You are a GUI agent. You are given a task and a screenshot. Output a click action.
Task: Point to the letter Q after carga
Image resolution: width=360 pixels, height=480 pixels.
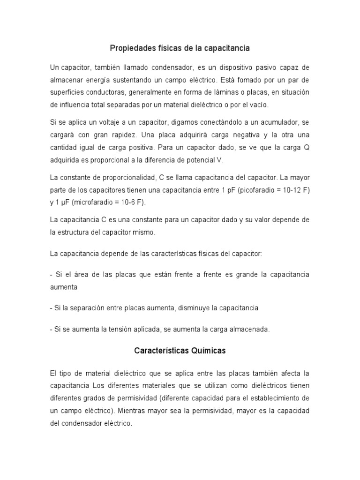tap(306, 147)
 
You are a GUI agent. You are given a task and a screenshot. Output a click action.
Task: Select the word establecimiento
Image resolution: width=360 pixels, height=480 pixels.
tap(272, 398)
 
